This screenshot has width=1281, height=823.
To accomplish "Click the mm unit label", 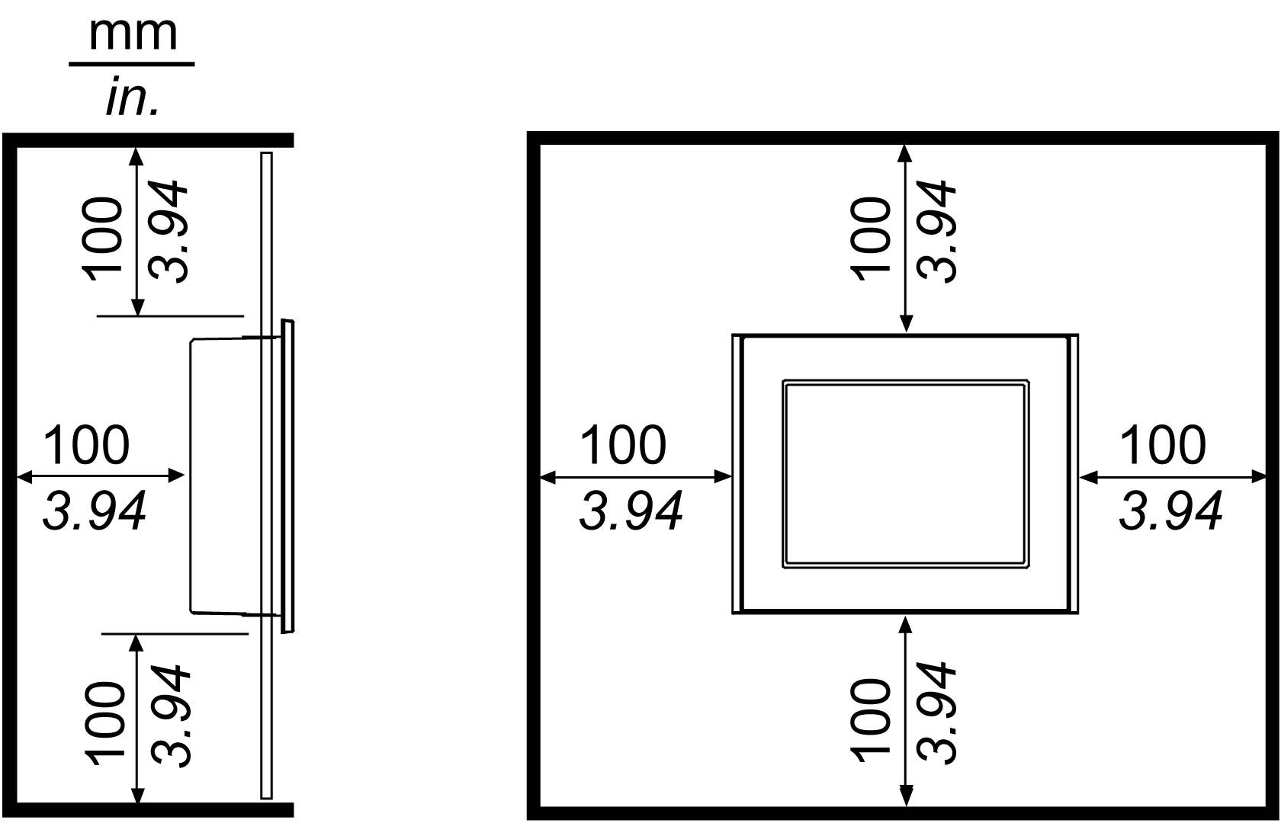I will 133,34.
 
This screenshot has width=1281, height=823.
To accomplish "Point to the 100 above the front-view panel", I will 871,239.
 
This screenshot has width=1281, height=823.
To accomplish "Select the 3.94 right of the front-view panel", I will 1170,511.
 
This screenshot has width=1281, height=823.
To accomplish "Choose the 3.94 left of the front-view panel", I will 631,511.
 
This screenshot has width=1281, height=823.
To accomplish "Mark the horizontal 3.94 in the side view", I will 95,511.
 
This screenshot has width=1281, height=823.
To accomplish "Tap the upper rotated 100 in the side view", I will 104,239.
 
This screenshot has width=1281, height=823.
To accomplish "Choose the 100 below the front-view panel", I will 871,720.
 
